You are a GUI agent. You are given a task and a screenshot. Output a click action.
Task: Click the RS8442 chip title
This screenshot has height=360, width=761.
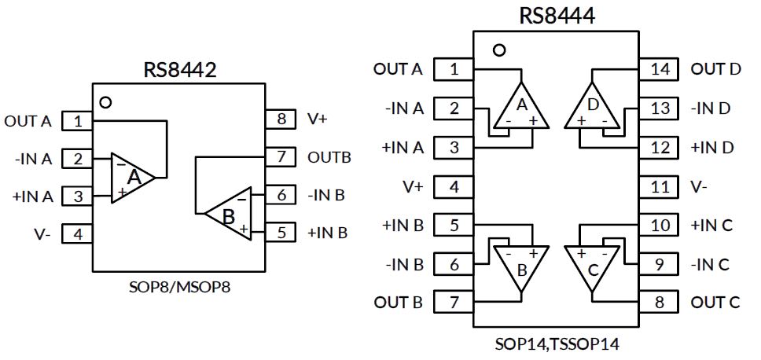pyautogui.click(x=179, y=69)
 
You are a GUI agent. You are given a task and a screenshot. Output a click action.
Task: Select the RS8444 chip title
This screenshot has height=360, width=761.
pyautogui.click(x=556, y=16)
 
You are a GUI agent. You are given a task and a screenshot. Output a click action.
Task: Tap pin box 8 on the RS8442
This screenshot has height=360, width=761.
pyautogui.click(x=281, y=119)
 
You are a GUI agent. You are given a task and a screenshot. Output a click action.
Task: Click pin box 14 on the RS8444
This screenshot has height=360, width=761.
pyautogui.click(x=660, y=69)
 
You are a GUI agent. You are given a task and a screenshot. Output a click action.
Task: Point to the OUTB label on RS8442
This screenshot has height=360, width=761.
pyautogui.click(x=329, y=157)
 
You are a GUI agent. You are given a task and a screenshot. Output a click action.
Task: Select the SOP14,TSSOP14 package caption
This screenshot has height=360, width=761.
pyautogui.click(x=556, y=344)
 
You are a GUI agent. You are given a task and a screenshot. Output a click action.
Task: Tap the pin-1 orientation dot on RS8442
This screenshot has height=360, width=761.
pyautogui.click(x=105, y=102)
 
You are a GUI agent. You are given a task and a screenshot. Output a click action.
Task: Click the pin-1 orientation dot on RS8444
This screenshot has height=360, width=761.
pyautogui.click(x=498, y=50)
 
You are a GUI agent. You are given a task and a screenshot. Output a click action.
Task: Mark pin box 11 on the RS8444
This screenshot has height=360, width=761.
pyautogui.click(x=660, y=187)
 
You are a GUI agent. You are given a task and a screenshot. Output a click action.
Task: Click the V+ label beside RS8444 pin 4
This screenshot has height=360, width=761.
pyautogui.click(x=414, y=187)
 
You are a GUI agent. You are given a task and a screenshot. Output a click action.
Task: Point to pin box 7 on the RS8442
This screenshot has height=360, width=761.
pyautogui.click(x=281, y=157)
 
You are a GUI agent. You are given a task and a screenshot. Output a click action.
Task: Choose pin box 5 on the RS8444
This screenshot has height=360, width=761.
pyautogui.click(x=454, y=226)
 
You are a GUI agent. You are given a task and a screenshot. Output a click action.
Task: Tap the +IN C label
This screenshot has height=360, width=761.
pyautogui.click(x=711, y=226)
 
